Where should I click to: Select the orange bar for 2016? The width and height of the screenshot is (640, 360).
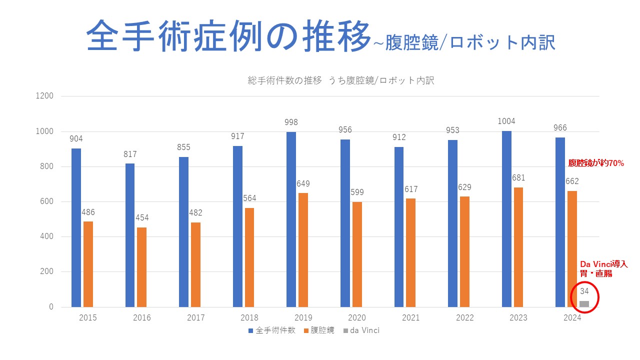pos(142,267)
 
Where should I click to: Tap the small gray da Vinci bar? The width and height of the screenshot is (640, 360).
pos(584,303)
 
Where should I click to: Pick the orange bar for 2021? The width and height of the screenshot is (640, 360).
pos(410,252)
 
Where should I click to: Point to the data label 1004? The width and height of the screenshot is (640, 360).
pos(506,121)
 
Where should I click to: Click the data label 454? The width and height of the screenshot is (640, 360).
pos(142,218)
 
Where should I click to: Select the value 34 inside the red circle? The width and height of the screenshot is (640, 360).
pos(584,291)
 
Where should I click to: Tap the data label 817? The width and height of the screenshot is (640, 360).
pos(130,154)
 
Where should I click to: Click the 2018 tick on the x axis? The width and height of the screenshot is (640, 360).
pos(249,318)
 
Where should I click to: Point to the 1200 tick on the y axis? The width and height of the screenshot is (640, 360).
pos(44,96)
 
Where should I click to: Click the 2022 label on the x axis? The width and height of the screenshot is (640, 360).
pos(464,318)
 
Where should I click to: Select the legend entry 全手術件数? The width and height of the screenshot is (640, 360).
pos(275,330)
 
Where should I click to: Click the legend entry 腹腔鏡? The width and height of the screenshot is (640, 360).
pos(322,330)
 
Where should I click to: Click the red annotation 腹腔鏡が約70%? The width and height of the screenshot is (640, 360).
pos(596,163)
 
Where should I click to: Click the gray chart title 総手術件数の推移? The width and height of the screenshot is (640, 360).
pos(285,80)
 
